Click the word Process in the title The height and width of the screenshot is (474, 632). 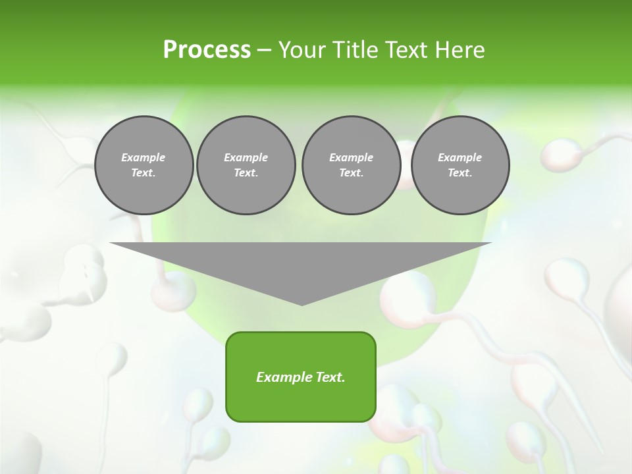tap(207, 50)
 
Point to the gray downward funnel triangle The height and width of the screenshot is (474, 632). tap(301, 263)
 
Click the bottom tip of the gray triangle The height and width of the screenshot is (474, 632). tap(302, 303)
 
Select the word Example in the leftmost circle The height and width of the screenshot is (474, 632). tap(144, 157)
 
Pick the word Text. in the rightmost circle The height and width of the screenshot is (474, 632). tap(460, 172)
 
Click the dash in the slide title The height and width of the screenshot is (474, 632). tap(264, 50)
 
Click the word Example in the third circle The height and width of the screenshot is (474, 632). tap(351, 157)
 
